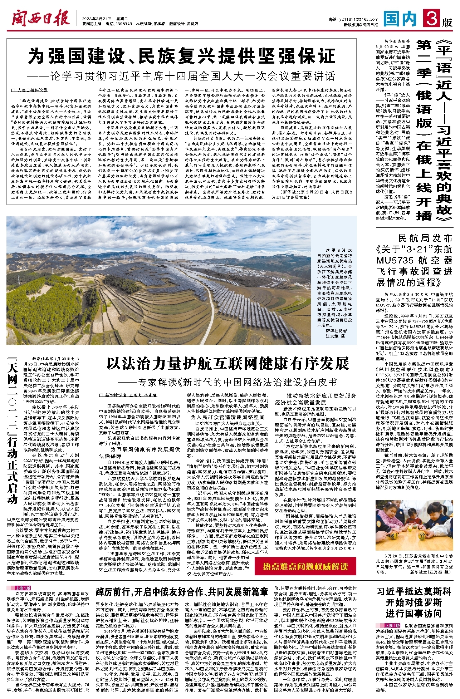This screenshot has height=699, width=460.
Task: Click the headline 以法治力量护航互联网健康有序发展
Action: pyautogui.click(x=227, y=363)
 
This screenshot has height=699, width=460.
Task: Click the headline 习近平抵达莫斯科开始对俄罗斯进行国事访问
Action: pyautogui.click(x=414, y=602)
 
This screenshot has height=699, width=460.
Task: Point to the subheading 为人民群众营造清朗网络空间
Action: pyautogui.click(x=227, y=417)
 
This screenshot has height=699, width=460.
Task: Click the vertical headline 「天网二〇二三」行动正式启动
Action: pyautogui.click(x=13, y=433)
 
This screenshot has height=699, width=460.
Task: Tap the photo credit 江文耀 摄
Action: pyautogui.click(x=335, y=336)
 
